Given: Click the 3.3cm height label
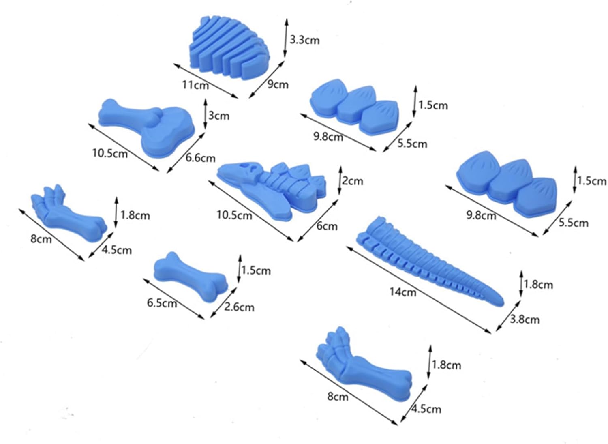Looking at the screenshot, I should tap(304, 40).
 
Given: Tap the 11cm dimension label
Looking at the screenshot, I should tap(195, 85).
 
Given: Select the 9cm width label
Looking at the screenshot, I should tap(278, 84).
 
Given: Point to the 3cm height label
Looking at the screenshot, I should tap(219, 116).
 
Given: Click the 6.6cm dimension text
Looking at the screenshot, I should tap(200, 158).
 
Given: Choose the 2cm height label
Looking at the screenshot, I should tap(352, 181).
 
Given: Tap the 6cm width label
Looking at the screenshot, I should tap(327, 226).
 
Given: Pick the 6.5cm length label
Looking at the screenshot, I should tap(162, 302).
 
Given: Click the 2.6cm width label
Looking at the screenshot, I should tap(239, 307).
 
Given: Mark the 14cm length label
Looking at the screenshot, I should tap(402, 292).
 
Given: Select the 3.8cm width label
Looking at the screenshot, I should tap(525, 320).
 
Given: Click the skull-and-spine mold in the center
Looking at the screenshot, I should tap(272, 185).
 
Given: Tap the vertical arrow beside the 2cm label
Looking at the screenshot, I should tap(340, 180).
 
